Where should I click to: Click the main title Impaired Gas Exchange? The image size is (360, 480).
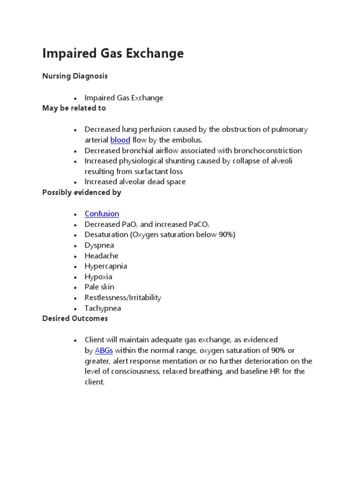(113, 53)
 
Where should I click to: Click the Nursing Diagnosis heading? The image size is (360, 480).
(75, 76)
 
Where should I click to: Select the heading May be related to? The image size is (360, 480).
(74, 108)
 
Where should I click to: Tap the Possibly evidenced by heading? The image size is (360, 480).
(82, 192)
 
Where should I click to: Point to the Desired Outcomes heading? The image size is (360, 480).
(75, 318)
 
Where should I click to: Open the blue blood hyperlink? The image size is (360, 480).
(120, 140)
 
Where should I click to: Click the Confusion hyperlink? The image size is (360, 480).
(102, 214)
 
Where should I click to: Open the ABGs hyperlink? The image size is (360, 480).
(104, 350)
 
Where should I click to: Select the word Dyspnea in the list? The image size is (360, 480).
(99, 245)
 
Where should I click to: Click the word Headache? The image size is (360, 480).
(101, 255)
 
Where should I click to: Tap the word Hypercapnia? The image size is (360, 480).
(105, 266)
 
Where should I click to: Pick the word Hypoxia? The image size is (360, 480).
(98, 277)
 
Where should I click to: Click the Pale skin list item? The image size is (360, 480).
(99, 287)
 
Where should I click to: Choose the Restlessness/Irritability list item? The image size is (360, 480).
(123, 298)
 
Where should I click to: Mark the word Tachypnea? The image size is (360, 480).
(103, 308)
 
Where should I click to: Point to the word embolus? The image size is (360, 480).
(187, 140)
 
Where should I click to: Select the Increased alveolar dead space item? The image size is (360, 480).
(135, 182)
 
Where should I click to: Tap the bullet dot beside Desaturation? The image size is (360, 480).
(75, 235)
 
